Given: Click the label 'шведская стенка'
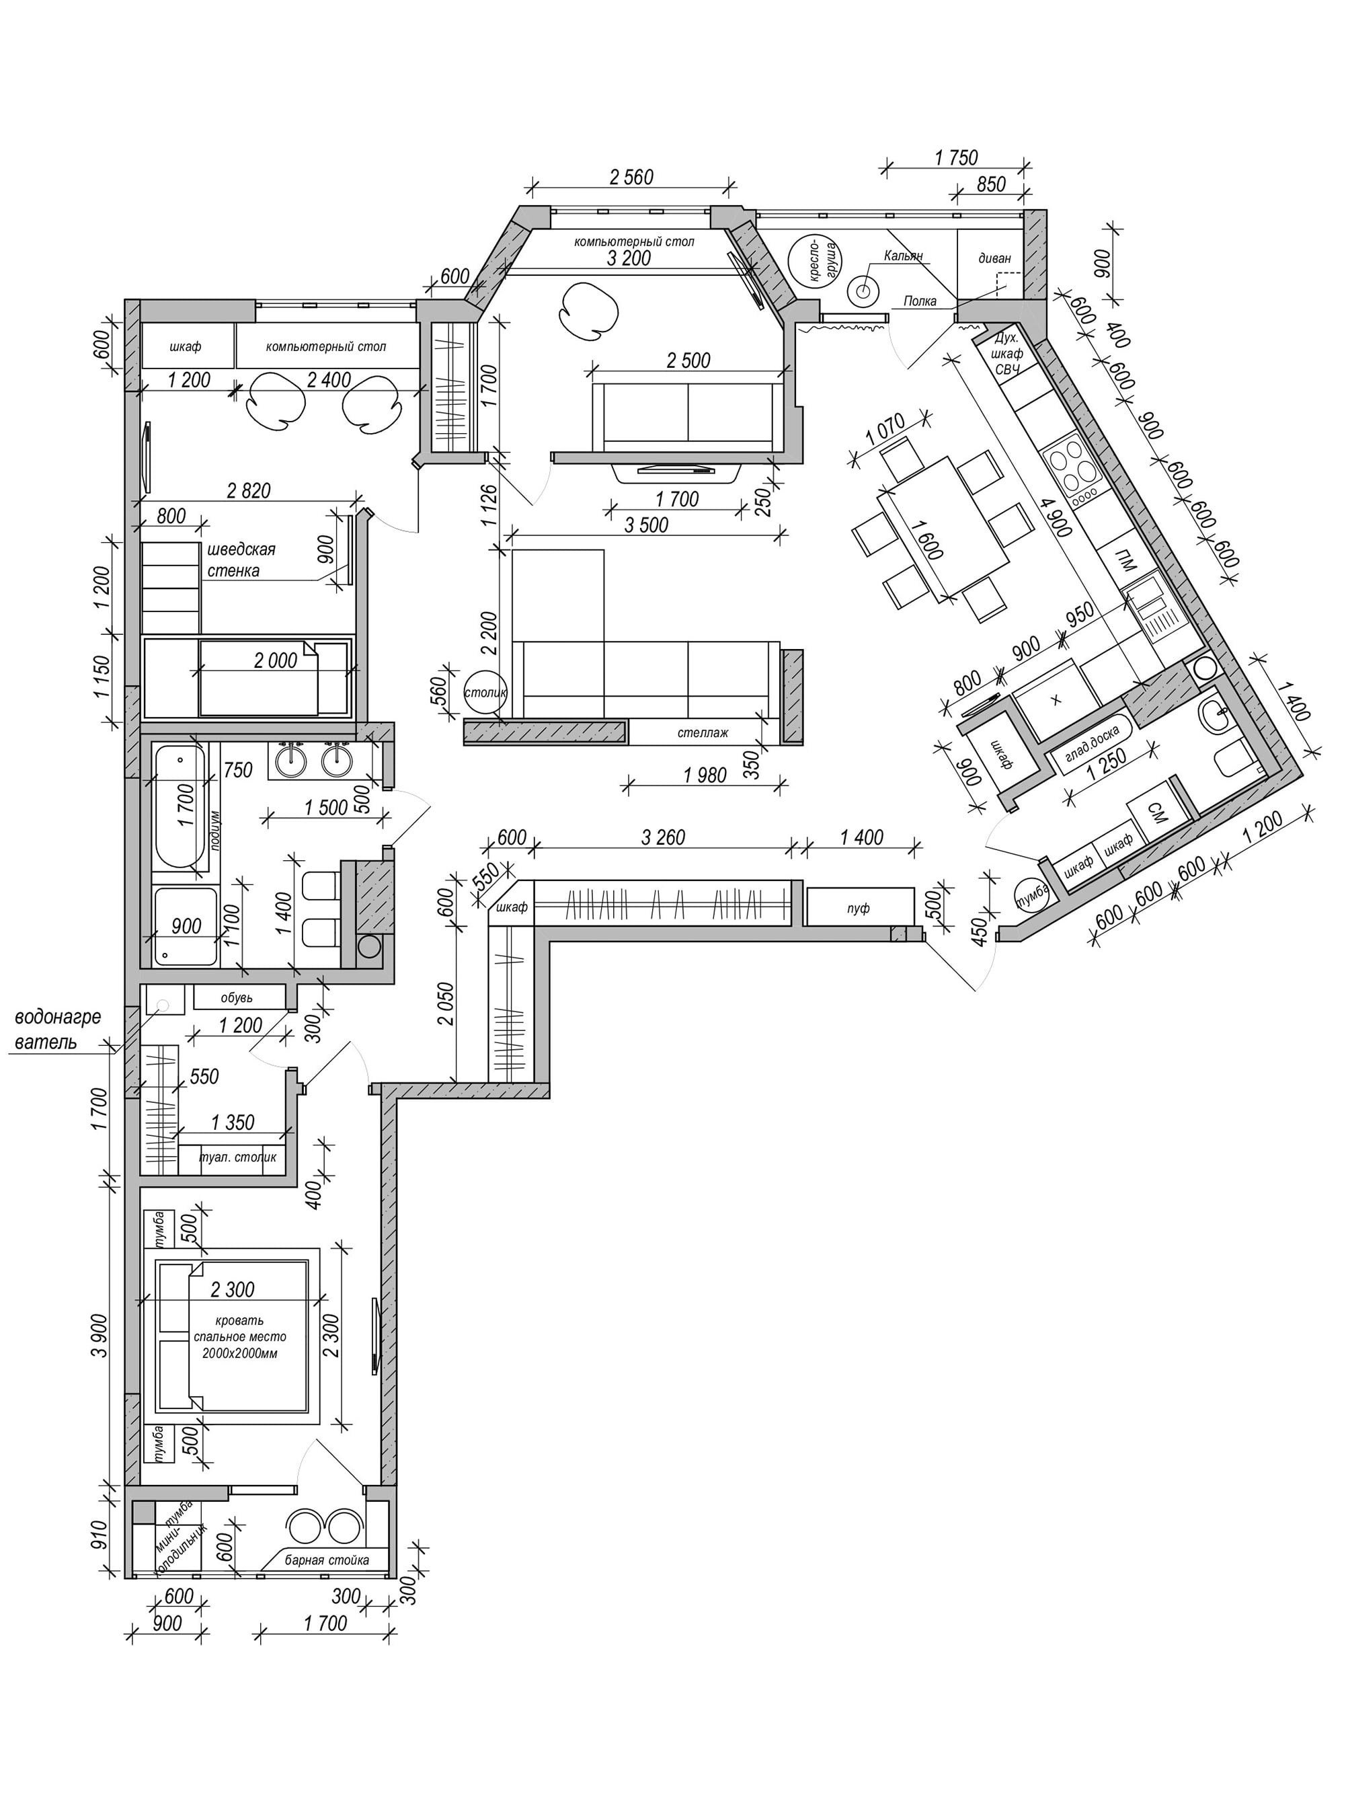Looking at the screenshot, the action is tap(241, 560).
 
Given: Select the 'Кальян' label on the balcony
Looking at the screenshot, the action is tap(903, 256).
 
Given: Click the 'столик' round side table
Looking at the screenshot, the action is tap(485, 693).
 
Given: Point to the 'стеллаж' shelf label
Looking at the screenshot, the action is tap(703, 732).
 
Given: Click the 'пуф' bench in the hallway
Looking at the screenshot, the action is tap(860, 907).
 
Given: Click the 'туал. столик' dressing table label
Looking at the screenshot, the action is tap(237, 1157).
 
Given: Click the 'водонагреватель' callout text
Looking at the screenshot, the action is tap(58, 1028).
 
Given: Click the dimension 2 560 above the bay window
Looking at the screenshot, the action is tap(631, 176).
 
